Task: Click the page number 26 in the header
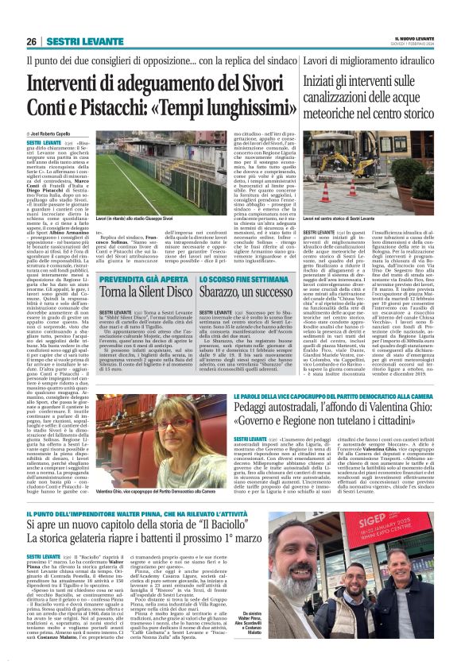click(x=32, y=41)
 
